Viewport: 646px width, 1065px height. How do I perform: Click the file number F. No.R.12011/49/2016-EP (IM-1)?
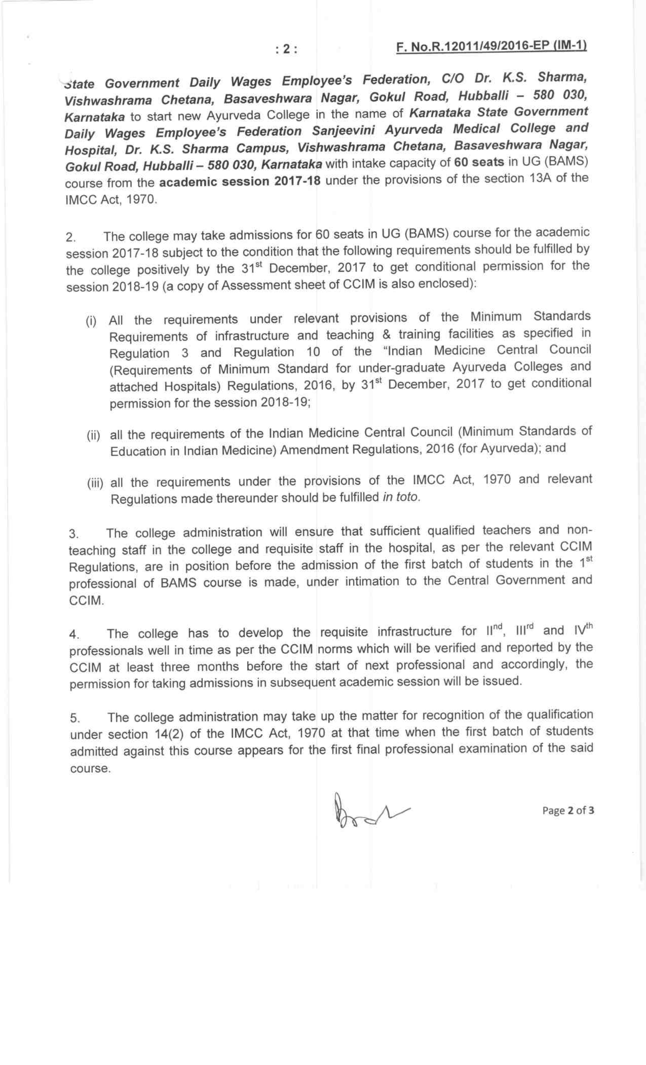[x=491, y=46]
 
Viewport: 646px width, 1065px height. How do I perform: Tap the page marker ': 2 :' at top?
[x=286, y=49]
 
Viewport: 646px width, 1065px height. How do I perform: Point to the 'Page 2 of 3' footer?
[x=568, y=811]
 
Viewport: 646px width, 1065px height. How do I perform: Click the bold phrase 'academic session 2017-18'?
[x=240, y=182]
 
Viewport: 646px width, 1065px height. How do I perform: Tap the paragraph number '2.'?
[x=71, y=238]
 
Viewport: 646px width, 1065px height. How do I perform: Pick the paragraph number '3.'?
[x=74, y=534]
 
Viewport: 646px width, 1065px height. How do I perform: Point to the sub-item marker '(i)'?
[x=91, y=322]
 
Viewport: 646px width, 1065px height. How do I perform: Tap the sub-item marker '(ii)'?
[x=93, y=435]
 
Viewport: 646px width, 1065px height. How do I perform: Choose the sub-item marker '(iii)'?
[x=95, y=483]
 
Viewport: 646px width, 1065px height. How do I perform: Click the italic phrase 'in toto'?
[x=400, y=497]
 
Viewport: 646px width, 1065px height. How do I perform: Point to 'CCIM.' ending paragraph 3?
[x=87, y=601]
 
